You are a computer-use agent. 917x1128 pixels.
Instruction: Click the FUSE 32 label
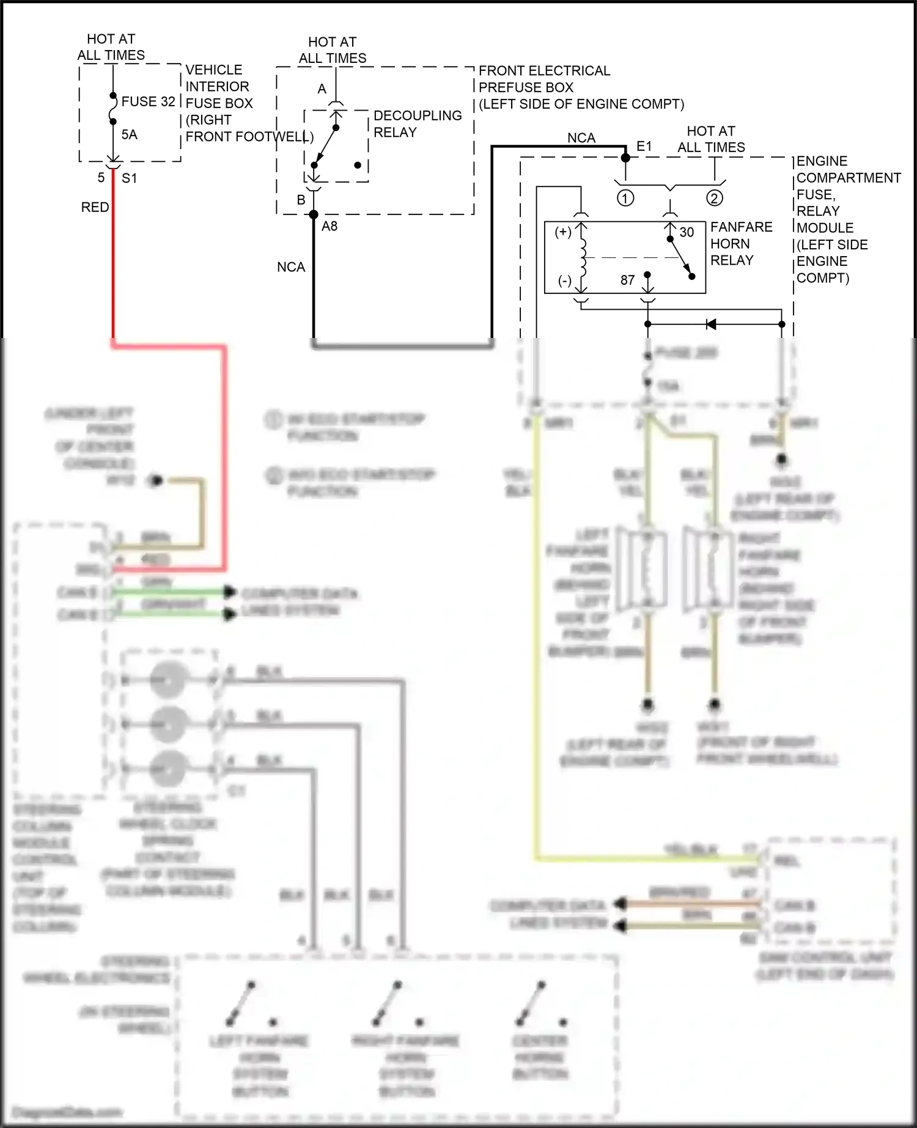[148, 101]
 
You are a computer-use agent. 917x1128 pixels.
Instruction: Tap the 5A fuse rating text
[129, 134]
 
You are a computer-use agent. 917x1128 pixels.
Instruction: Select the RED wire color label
[95, 207]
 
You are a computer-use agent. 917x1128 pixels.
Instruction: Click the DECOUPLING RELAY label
[417, 124]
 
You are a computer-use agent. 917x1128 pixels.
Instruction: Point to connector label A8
[330, 227]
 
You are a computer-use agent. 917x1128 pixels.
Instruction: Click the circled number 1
[625, 198]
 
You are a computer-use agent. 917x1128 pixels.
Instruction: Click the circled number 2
[714, 198]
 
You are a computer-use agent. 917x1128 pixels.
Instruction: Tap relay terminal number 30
[687, 232]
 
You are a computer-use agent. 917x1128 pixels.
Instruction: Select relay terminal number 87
[627, 280]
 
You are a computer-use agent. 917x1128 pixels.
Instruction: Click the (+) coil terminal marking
[563, 232]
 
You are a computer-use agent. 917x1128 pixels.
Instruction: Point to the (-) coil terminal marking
[564, 281]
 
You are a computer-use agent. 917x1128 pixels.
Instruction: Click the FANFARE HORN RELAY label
[741, 243]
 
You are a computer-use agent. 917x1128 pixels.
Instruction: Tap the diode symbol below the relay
[711, 324]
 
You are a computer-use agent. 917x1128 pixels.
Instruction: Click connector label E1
[644, 147]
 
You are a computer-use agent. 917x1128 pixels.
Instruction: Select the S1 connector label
[129, 178]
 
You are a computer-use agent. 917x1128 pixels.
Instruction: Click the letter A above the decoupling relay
[322, 89]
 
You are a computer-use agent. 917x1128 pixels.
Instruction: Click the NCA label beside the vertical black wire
[290, 267]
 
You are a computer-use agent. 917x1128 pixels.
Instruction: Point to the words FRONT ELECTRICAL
[544, 71]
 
